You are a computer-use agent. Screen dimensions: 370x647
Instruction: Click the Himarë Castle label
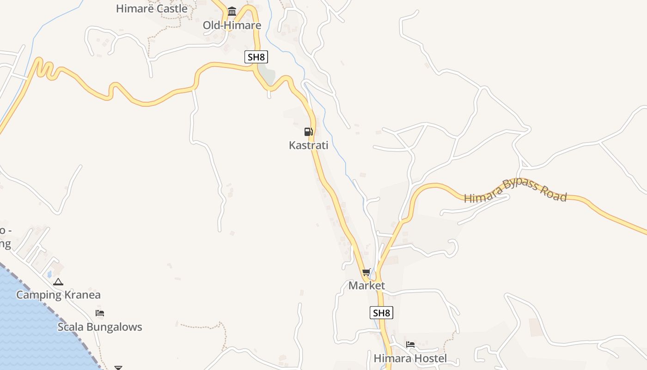coord(152,8)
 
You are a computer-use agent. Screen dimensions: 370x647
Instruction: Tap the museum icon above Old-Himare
coord(232,12)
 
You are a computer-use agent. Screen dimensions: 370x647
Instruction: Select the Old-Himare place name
coord(232,25)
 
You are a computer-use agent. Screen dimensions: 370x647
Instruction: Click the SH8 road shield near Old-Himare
coord(256,57)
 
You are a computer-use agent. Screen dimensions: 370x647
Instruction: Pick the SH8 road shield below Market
coord(381,313)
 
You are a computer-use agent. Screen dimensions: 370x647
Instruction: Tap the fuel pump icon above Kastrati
coord(309,132)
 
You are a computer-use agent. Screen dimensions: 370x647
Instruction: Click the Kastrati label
coord(308,145)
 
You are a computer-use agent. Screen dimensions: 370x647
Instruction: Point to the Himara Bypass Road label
coord(515,190)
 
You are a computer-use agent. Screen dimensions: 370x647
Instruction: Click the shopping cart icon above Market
coord(366,272)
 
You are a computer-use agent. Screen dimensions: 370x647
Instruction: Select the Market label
coord(366,285)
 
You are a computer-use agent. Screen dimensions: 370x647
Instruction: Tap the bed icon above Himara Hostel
coord(410,345)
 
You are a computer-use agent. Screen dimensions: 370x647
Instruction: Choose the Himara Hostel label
coord(410,358)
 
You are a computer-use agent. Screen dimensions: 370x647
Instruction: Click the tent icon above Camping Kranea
coord(58,282)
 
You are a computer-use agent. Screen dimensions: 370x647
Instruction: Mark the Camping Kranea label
coord(58,295)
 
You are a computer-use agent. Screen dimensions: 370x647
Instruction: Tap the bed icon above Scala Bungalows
coord(100,313)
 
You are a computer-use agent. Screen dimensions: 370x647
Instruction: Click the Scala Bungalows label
coord(100,327)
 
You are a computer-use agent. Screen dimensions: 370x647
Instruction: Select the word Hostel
coord(430,358)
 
